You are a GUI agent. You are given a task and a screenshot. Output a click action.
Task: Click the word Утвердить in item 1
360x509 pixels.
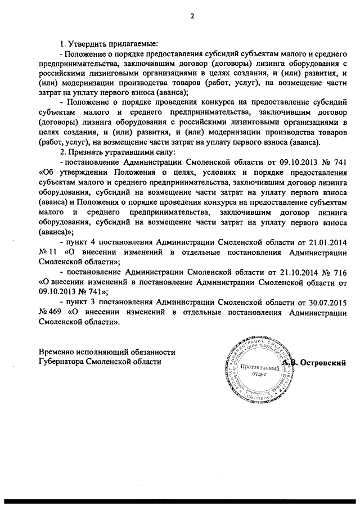[x=87, y=44]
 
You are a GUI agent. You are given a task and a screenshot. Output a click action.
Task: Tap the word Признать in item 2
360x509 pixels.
[x=84, y=152]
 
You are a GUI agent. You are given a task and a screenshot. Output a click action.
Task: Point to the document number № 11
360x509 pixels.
[x=49, y=253]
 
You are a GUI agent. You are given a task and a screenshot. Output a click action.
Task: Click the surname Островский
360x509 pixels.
[x=325, y=363]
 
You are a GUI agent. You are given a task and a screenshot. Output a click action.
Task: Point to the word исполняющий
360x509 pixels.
[x=110, y=352]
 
